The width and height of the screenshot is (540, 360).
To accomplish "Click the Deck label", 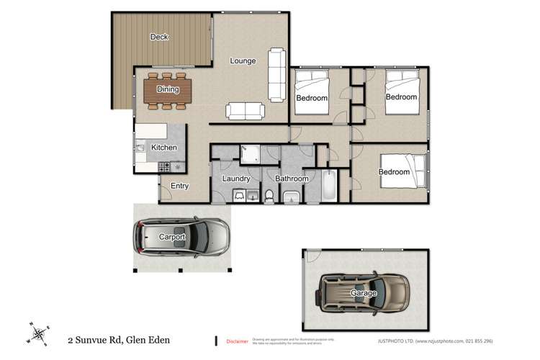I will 159,37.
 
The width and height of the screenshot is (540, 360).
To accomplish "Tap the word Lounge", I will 243,61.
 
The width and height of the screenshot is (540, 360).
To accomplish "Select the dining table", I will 168,90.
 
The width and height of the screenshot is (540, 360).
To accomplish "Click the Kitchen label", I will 163,148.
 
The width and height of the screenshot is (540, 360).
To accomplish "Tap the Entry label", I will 179,186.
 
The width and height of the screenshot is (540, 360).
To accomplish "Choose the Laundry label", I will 235,179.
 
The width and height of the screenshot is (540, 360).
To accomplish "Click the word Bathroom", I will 291,179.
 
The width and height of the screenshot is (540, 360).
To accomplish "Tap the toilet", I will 269,196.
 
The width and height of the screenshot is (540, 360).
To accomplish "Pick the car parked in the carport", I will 181,236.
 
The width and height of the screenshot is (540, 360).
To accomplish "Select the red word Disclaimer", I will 237,341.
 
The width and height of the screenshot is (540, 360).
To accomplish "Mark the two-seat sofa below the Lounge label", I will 245,111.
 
